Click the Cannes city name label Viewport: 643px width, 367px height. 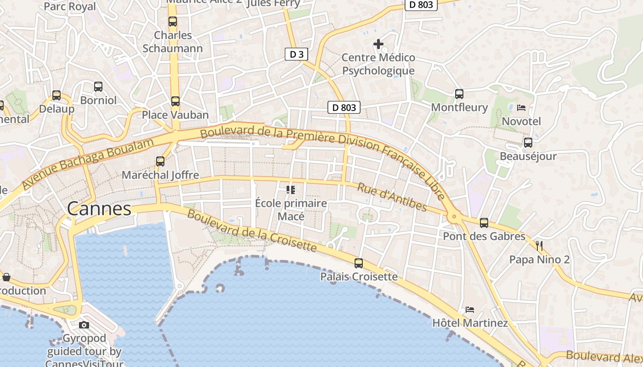99,209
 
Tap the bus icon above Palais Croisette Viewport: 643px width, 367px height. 359,263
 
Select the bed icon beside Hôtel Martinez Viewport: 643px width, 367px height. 469,310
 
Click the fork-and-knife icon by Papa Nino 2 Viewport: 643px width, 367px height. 539,246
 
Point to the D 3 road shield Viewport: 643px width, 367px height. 296,54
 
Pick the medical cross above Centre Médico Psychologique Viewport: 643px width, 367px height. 378,44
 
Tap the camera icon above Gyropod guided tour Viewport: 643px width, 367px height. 84,325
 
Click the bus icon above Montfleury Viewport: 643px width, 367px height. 459,94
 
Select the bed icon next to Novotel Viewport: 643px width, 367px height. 521,108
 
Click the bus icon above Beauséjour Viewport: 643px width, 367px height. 528,143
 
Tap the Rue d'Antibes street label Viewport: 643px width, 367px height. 392,197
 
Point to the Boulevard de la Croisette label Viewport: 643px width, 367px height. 252,231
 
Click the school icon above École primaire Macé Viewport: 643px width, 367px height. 290,189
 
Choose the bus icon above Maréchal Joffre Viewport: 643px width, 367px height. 160,161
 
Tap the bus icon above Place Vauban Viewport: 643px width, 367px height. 175,101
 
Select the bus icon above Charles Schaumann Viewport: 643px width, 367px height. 172,22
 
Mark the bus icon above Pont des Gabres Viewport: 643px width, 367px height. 484,223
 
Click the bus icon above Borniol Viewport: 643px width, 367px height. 98,87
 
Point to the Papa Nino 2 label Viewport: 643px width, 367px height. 539,260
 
